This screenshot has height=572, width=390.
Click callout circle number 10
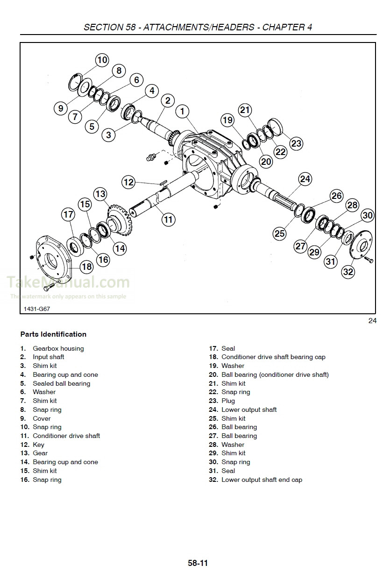click(102, 60)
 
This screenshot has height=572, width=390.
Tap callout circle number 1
click(183, 111)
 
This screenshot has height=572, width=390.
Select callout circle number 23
click(297, 143)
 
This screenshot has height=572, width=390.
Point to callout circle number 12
click(128, 182)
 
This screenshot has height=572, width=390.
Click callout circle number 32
click(348, 272)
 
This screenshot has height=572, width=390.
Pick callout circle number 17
click(68, 214)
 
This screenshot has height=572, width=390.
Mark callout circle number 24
click(305, 178)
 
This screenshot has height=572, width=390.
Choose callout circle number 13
click(100, 193)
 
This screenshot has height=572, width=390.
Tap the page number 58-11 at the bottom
click(198, 563)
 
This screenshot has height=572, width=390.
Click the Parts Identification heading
click(53, 334)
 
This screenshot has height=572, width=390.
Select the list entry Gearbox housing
click(58, 348)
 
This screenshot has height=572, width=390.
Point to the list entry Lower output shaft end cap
click(262, 480)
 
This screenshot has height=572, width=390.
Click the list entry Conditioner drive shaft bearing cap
click(273, 357)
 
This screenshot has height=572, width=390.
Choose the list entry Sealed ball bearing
click(61, 383)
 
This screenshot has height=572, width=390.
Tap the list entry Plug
click(228, 401)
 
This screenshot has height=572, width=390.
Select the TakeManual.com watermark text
click(68, 282)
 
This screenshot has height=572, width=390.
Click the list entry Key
click(39, 445)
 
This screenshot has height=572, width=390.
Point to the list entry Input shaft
click(49, 357)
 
